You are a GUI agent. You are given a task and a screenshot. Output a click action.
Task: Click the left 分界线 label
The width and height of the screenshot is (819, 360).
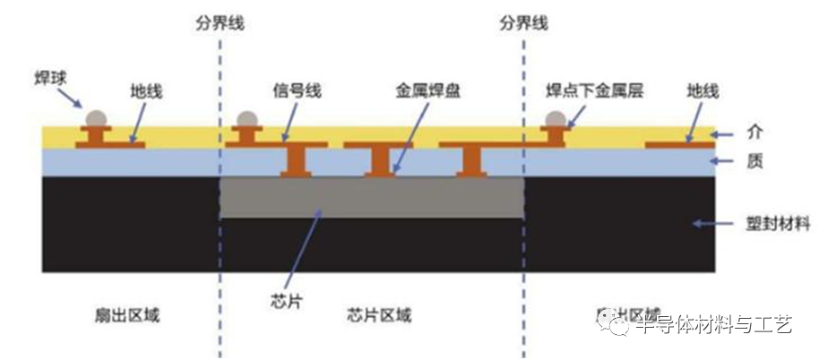click(220, 24)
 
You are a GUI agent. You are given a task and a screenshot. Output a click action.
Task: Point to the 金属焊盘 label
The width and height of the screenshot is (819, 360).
click(426, 90)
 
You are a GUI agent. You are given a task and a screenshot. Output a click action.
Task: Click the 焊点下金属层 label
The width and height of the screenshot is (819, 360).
click(595, 90)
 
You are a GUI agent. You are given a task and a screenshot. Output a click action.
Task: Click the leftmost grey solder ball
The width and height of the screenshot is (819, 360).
click(94, 118)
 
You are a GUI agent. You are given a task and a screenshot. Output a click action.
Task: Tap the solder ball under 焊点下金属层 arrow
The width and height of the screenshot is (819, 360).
click(556, 119)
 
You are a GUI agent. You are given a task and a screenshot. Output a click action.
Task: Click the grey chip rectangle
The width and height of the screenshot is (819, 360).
click(372, 197)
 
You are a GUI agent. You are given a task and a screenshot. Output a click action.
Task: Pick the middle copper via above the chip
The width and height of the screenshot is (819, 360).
click(381, 160)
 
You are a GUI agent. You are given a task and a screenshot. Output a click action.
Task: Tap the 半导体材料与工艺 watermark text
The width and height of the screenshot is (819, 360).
click(712, 324)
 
